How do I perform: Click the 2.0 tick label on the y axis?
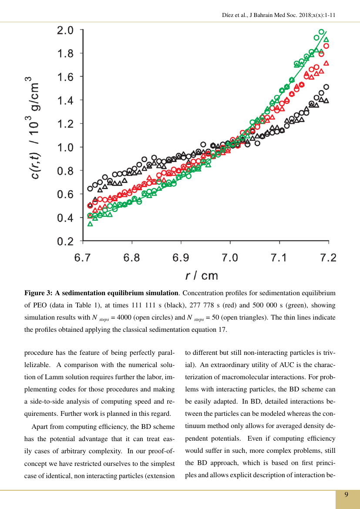[65, 30]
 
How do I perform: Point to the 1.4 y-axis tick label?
[65, 101]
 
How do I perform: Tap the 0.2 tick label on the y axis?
[65, 241]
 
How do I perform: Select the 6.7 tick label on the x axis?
[83, 258]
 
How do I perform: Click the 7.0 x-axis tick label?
[230, 258]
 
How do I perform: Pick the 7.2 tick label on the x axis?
[328, 258]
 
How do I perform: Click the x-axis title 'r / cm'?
[202, 275]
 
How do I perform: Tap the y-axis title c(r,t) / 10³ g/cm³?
[33, 135]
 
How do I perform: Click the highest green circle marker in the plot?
[321, 32]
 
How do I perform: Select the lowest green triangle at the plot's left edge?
[90, 224]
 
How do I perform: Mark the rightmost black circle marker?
[326, 87]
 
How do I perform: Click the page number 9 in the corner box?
[347, 495]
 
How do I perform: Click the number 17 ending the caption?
[222, 330]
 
